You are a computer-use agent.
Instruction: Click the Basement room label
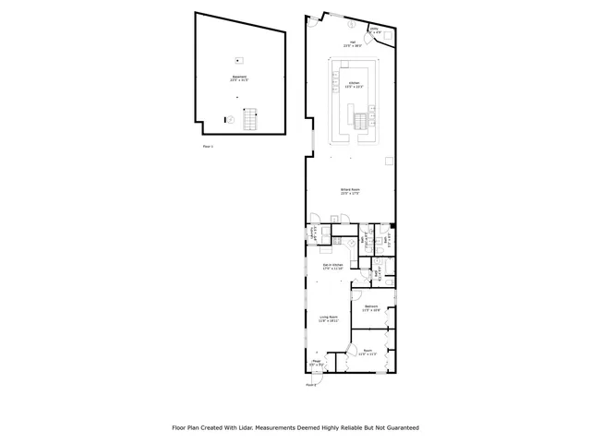pos(239,78)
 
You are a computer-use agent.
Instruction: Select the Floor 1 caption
pos(208,147)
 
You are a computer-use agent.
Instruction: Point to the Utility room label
pos(374,31)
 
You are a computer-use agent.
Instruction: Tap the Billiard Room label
pos(350,191)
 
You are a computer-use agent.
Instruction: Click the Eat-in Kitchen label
pos(332,267)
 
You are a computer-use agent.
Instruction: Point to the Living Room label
pos(329,318)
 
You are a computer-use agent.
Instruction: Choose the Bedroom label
pos(370,308)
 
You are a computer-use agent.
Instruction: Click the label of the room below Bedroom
pos(368,352)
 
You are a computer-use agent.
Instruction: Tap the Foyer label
pos(315,364)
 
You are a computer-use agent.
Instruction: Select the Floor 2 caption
pos(311,384)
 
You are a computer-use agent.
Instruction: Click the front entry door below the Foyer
pos(315,374)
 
